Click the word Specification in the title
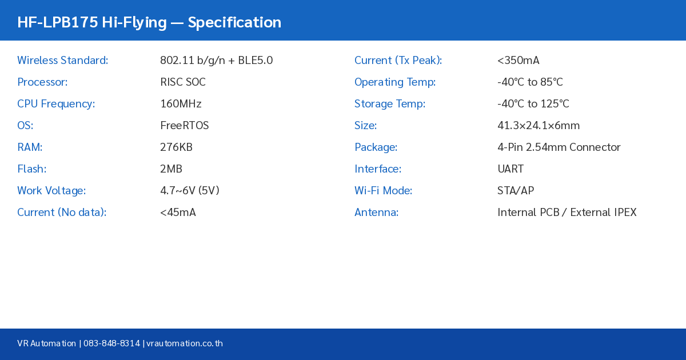[234, 22]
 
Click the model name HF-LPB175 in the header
[57, 22]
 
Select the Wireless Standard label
[62, 61]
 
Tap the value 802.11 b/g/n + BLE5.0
[216, 61]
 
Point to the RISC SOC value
[183, 82]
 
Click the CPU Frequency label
[56, 104]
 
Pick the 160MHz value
[181, 104]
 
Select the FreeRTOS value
[184, 126]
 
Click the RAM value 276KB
[176, 147]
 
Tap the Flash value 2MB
[171, 169]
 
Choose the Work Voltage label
[51, 191]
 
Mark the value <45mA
[178, 213]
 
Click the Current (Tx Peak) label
[398, 61]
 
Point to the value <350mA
[518, 61]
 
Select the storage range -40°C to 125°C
[533, 104]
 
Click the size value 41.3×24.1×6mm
[539, 126]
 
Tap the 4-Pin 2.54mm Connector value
[559, 147]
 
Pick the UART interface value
[510, 169]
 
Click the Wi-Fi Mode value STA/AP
[516, 191]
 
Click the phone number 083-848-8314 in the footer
[111, 343]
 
